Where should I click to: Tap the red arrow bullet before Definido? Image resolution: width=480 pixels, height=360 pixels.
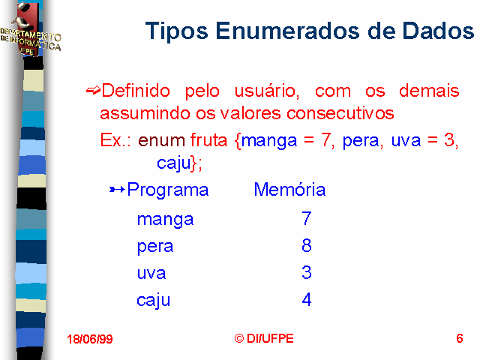pyautogui.click(x=93, y=90)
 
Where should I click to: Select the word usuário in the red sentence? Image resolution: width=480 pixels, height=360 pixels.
pyautogui.click(x=267, y=91)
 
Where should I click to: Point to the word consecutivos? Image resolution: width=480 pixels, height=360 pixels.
pyautogui.click(x=340, y=113)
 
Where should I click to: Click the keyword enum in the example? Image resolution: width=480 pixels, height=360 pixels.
pyautogui.click(x=161, y=140)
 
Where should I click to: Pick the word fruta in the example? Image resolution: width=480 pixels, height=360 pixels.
pyautogui.click(x=208, y=140)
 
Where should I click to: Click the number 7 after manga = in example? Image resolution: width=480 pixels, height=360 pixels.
pyautogui.click(x=325, y=140)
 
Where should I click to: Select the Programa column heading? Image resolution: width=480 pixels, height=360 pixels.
pyautogui.click(x=168, y=190)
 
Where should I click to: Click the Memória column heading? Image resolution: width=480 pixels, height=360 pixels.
pyautogui.click(x=289, y=189)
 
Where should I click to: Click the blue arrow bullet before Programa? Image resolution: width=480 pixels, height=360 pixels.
pyautogui.click(x=117, y=190)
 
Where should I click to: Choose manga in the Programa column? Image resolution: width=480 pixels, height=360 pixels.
pyautogui.click(x=165, y=220)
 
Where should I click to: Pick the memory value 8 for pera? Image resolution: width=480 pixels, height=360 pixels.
pyautogui.click(x=307, y=245)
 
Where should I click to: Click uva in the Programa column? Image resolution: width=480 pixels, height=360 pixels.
pyautogui.click(x=151, y=273)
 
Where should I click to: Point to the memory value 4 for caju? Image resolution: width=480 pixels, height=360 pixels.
pyautogui.click(x=307, y=299)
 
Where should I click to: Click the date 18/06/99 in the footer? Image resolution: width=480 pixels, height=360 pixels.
pyautogui.click(x=90, y=339)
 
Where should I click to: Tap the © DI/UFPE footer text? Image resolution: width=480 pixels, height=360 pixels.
pyautogui.click(x=264, y=338)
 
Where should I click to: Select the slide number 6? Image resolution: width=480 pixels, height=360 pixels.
pyautogui.click(x=460, y=338)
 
